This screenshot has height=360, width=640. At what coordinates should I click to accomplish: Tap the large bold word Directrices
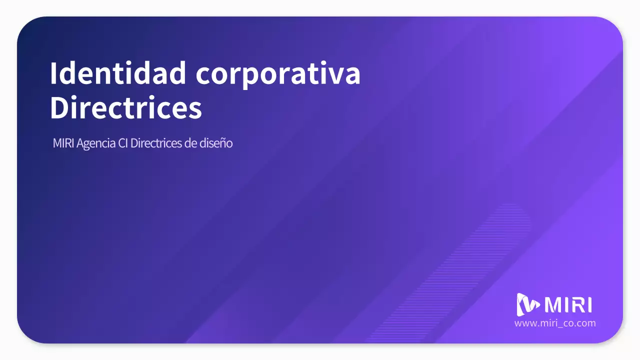point(126,107)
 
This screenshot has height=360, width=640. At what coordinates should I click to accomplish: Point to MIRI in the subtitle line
point(63,143)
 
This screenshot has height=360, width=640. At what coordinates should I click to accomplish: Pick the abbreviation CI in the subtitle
point(123,143)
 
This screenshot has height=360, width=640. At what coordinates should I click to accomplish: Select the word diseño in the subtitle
point(216,143)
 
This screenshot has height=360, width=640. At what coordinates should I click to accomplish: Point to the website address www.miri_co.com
point(555,323)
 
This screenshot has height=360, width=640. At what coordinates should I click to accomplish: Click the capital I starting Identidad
point(53,73)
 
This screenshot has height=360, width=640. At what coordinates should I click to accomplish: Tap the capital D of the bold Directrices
point(59,107)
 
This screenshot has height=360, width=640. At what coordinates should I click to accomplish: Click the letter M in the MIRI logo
point(554,305)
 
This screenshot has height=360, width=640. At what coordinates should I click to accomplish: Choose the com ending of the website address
point(587,323)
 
